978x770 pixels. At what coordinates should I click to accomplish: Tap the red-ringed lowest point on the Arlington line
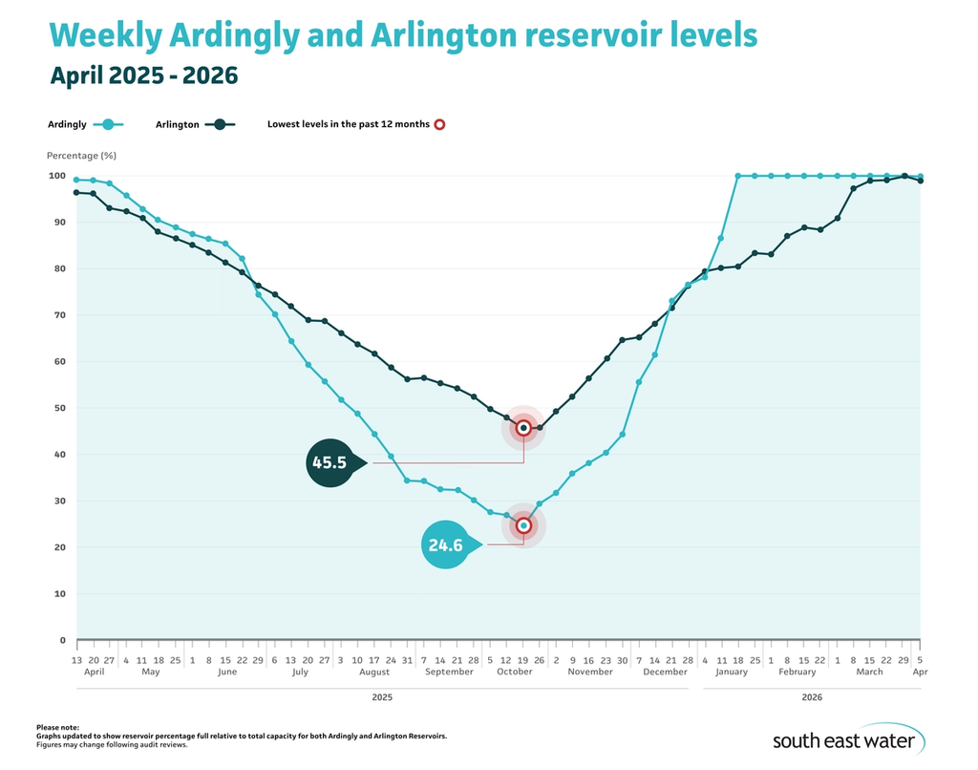pyautogui.click(x=523, y=428)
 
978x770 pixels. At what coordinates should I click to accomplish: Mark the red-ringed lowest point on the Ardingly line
pyautogui.click(x=523, y=525)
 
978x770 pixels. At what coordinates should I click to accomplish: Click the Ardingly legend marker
pyautogui.click(x=109, y=124)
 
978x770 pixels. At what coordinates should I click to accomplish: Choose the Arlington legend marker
pyautogui.click(x=220, y=124)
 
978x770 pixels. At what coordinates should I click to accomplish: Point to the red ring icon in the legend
pyautogui.click(x=439, y=124)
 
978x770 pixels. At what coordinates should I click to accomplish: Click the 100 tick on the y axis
pyautogui.click(x=56, y=176)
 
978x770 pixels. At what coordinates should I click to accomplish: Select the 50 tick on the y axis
pyautogui.click(x=59, y=408)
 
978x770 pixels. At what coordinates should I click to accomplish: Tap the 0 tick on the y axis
pyautogui.click(x=62, y=640)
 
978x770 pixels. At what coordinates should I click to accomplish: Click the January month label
pyautogui.click(x=731, y=672)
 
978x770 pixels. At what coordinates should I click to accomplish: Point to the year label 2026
pyautogui.click(x=811, y=698)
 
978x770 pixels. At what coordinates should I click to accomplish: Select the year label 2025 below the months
pyautogui.click(x=381, y=698)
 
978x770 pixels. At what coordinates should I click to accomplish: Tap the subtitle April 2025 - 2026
pyautogui.click(x=143, y=75)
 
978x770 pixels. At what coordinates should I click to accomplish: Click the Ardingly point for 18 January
pyautogui.click(x=737, y=176)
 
